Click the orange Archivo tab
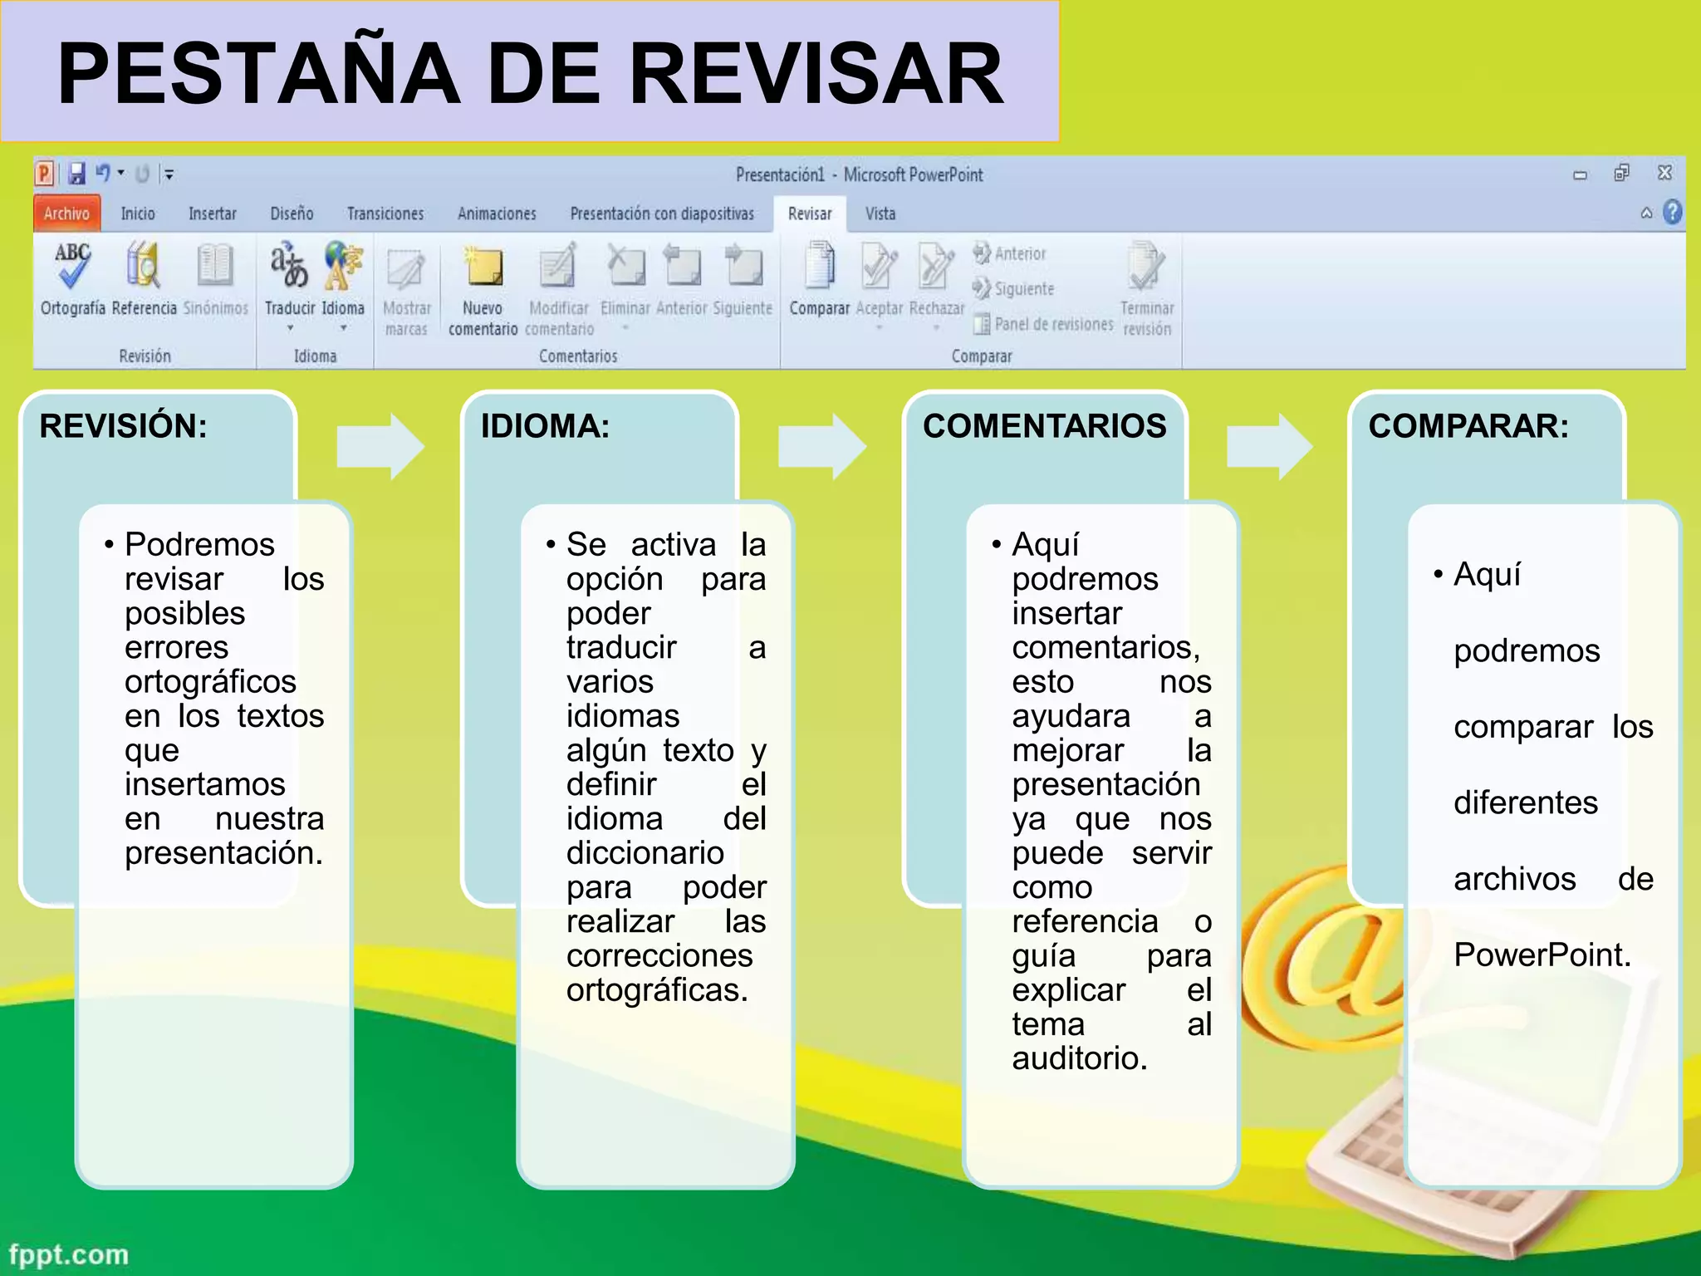[x=66, y=213]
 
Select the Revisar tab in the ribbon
[x=809, y=213]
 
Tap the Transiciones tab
[x=385, y=213]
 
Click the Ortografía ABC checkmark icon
[x=72, y=264]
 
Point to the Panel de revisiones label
[x=1053, y=324]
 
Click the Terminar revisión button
[x=1147, y=287]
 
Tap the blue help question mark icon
[x=1672, y=213]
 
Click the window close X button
[x=1664, y=173]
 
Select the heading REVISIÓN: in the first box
[x=123, y=426]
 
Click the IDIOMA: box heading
[x=545, y=426]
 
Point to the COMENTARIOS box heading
[x=1044, y=426]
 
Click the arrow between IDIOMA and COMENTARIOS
[x=821, y=446]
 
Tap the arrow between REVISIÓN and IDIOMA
[x=380, y=446]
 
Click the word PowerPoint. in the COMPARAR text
[x=1542, y=955]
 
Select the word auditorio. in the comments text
[x=1079, y=1058]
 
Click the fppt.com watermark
[x=69, y=1254]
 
